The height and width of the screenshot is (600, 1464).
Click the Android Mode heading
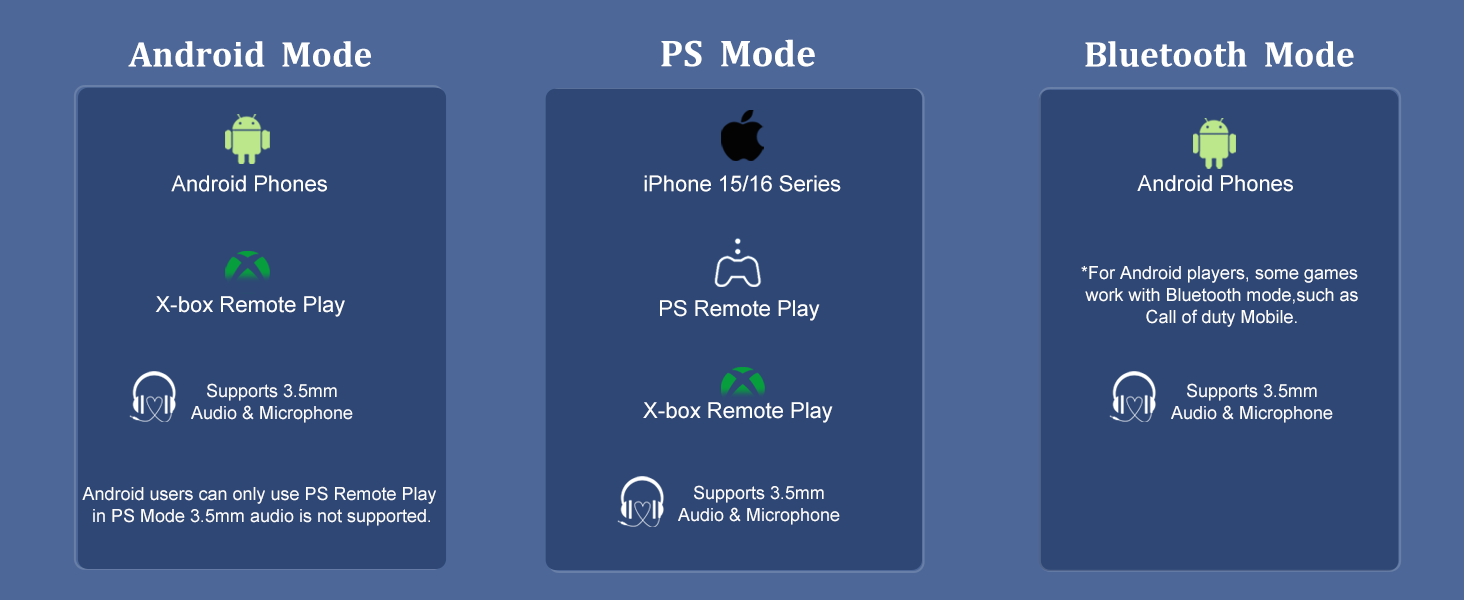coord(250,55)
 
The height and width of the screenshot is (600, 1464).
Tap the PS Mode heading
coord(737,55)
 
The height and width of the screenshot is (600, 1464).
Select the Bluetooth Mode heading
coord(1219,55)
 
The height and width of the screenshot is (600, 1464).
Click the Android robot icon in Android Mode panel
coord(248,139)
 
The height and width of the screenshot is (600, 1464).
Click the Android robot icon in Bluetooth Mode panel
coord(1215,142)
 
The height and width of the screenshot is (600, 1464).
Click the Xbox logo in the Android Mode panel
coord(247,265)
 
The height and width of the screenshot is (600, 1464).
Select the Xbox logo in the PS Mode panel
coord(743,382)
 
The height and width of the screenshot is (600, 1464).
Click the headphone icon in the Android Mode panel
coord(154,397)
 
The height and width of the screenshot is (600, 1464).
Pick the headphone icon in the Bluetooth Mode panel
coord(1134,397)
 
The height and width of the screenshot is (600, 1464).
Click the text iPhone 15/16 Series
coord(741,184)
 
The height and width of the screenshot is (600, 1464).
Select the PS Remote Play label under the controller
coord(739,309)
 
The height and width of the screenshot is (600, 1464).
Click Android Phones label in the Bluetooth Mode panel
coord(1215,184)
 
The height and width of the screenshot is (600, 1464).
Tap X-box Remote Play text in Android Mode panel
coord(250,305)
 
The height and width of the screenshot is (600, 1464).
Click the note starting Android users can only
coord(259,506)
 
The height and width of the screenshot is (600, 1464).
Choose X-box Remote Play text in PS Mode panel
coord(738,411)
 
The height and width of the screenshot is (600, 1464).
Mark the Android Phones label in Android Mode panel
coord(249,184)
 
